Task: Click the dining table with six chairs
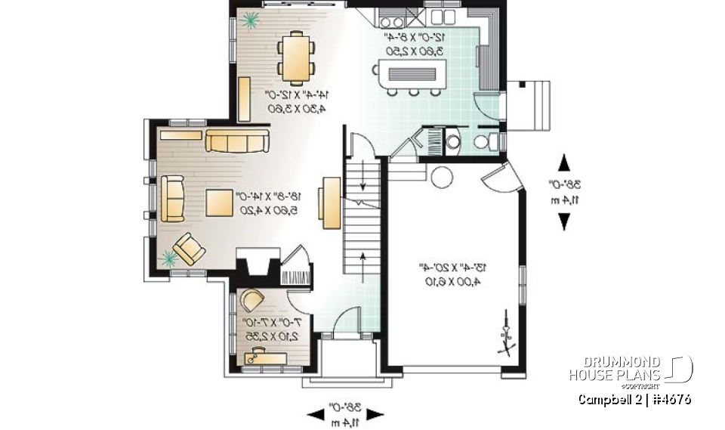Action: pyautogui.click(x=295, y=57)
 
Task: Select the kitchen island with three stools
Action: pyautogui.click(x=412, y=74)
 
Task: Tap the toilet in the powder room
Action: pyautogui.click(x=484, y=141)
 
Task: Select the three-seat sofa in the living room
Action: pyautogui.click(x=237, y=140)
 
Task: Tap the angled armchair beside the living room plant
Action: pyautogui.click(x=187, y=248)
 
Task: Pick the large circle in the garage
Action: pyautogui.click(x=440, y=178)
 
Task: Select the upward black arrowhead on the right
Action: pyautogui.click(x=563, y=163)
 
